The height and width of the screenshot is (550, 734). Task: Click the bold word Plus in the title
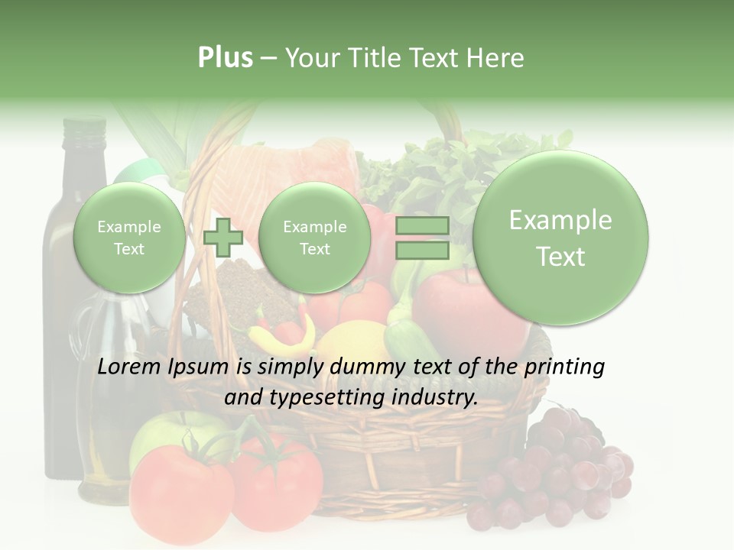[225, 58]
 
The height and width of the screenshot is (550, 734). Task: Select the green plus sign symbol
[223, 238]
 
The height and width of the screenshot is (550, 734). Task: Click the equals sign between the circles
[422, 238]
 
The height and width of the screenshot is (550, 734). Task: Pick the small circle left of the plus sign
[128, 238]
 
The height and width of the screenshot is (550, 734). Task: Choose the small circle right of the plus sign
[314, 238]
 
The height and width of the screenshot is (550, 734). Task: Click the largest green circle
[560, 238]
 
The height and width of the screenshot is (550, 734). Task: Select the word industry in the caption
[434, 397]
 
